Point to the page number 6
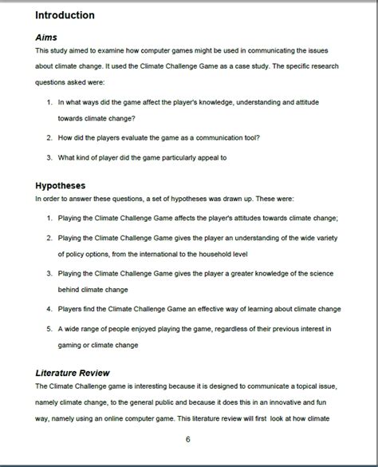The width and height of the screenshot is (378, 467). (x=187, y=439)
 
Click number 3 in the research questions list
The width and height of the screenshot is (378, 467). (x=49, y=157)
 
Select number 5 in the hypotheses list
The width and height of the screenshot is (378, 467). (x=49, y=328)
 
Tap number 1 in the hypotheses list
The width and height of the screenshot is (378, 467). (x=49, y=218)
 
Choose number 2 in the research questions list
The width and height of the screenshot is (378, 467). (x=49, y=137)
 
